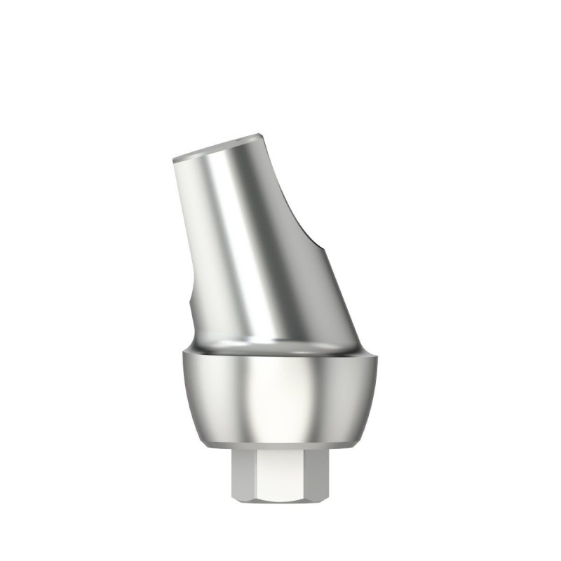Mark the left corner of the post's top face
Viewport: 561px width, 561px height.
point(172,160)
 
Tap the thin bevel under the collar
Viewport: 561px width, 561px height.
point(280,445)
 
